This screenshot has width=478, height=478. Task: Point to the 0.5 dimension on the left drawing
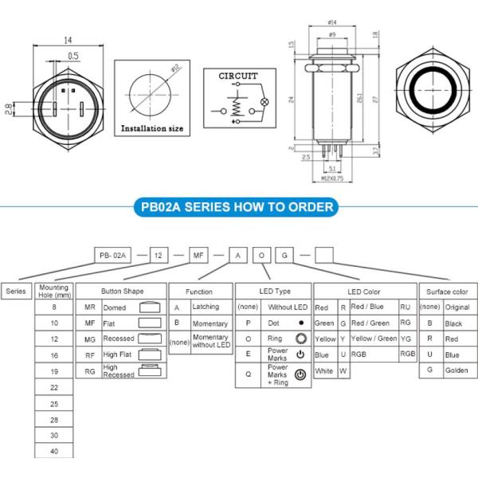tap(73, 55)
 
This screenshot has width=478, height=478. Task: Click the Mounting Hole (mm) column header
tap(54, 291)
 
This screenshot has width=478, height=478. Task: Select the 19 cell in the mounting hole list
tap(54, 370)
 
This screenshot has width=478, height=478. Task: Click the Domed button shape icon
tap(150, 307)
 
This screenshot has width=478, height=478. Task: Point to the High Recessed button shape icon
tap(150, 370)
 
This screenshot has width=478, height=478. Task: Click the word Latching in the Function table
tap(206, 307)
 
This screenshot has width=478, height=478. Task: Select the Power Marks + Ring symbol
tap(300, 374)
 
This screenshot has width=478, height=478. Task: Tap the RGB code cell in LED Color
tap(407, 354)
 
